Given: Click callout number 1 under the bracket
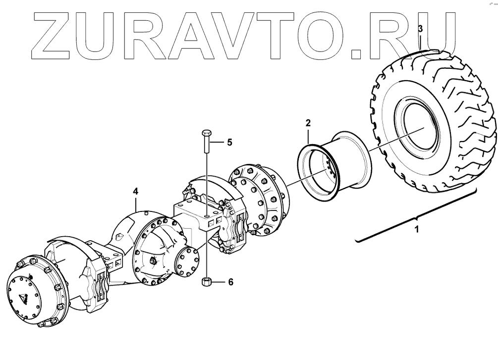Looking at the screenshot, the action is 417,229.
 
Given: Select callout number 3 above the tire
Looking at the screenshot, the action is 420,29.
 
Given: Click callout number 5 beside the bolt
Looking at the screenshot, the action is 229,142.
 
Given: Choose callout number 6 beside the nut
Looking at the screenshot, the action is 230,282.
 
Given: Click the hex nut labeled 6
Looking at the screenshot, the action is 207,283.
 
